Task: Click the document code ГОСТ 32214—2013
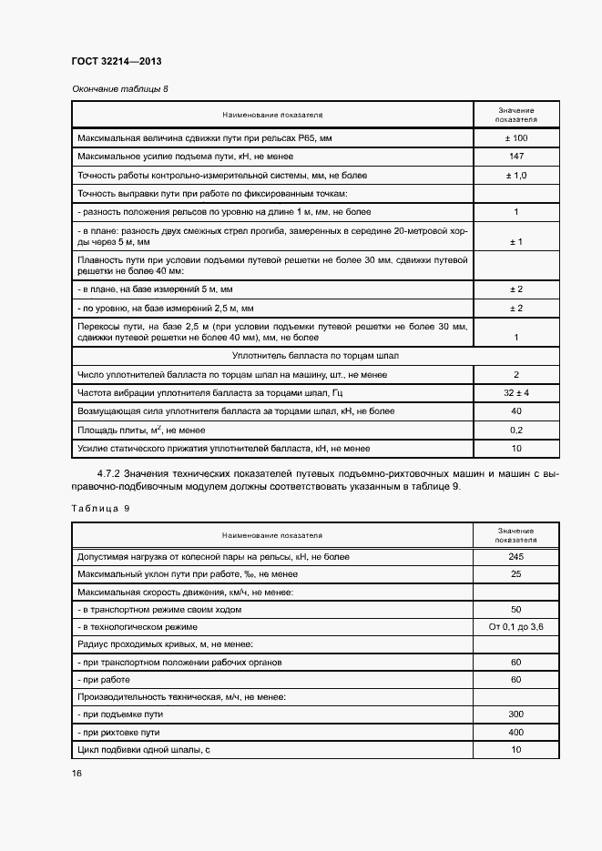(116, 62)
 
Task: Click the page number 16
(77, 773)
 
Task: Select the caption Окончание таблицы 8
(119, 88)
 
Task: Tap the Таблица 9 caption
(99, 508)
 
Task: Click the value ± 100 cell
(515, 138)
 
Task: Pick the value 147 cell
(515, 157)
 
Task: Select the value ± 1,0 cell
(515, 175)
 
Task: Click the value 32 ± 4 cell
(515, 392)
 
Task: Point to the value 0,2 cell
(515, 430)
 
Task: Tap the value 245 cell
(515, 556)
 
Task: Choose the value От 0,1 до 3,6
(515, 627)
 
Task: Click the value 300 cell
(515, 714)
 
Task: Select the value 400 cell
(515, 732)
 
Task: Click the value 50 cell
(515, 610)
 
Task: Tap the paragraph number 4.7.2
(109, 473)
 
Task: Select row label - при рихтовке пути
(120, 732)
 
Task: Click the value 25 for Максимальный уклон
(515, 574)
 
